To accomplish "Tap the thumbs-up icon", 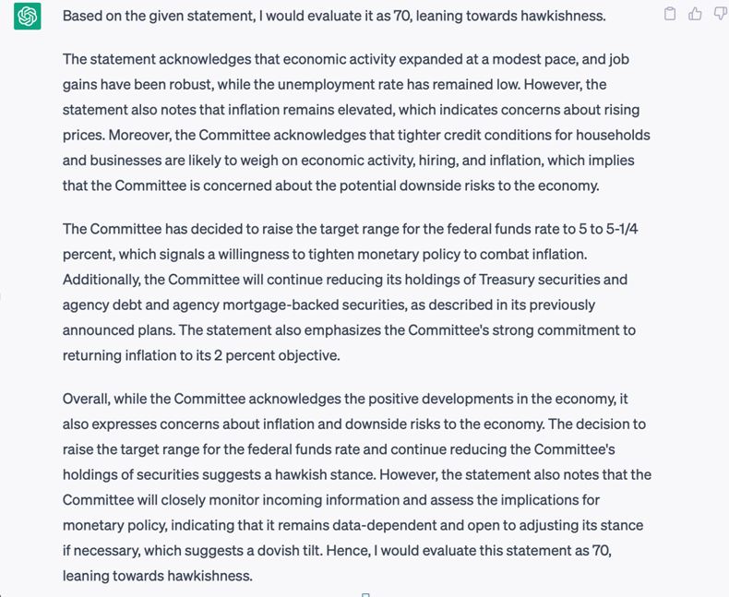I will tap(695, 14).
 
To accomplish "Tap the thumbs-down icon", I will tap(720, 14).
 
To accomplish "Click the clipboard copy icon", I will tap(671, 14).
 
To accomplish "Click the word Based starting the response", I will tap(83, 17).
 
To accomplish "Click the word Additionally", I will tap(105, 279).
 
